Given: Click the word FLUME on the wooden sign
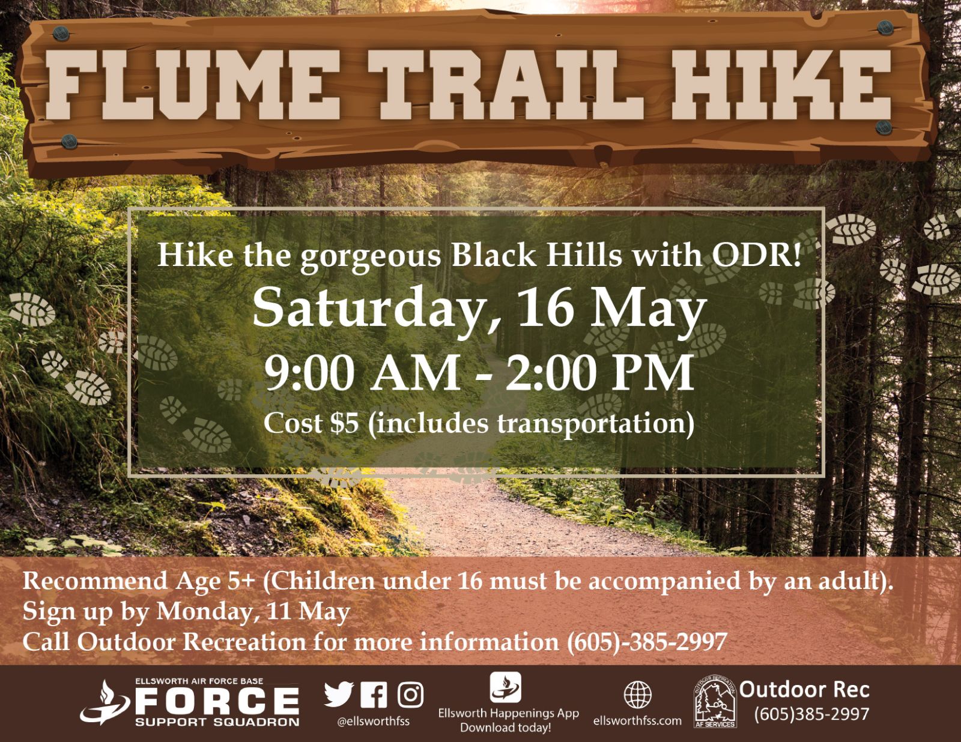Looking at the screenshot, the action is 192,85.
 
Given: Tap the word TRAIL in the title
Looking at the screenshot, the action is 506,85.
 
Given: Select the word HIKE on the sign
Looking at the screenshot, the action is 781,85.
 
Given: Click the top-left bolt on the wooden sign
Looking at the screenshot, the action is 61,34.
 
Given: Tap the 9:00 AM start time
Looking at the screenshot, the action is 362,373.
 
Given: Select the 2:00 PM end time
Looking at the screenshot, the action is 599,373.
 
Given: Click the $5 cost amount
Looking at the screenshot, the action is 345,423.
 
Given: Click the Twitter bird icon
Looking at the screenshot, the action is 339,694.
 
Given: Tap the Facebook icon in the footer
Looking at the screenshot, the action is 374,695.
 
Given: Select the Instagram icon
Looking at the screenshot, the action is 410,695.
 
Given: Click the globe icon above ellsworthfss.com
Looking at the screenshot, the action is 637,695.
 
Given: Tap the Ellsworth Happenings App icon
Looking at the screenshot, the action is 506,687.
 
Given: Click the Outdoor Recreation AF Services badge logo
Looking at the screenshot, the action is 715,702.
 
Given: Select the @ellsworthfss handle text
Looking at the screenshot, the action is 373,721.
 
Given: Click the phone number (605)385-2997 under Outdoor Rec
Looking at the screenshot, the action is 812,714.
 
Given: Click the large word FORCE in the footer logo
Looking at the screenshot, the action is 217,701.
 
